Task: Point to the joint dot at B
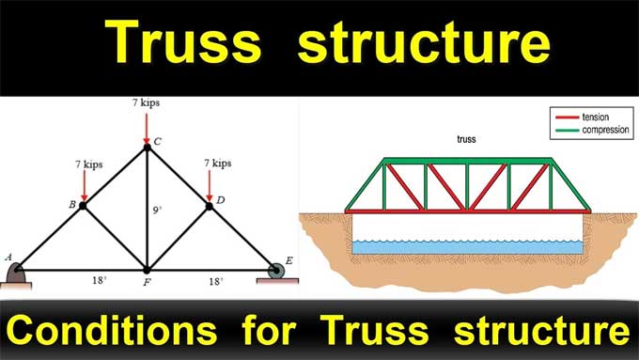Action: pyautogui.click(x=83, y=204)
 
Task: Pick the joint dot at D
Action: pyautogui.click(x=210, y=205)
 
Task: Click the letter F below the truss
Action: pyautogui.click(x=148, y=281)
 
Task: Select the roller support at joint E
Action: pyautogui.click(x=277, y=271)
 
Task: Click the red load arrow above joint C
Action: pyautogui.click(x=147, y=126)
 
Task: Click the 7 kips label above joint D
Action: pyautogui.click(x=217, y=163)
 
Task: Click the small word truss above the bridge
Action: pyautogui.click(x=466, y=139)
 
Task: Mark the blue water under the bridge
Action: pyautogui.click(x=467, y=246)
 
